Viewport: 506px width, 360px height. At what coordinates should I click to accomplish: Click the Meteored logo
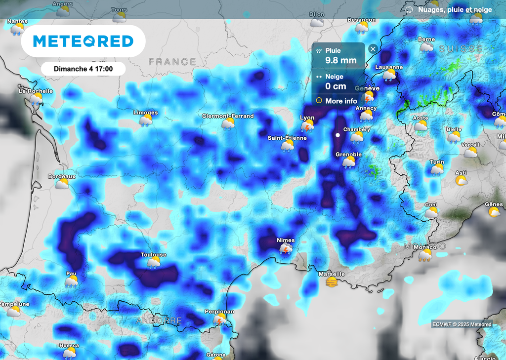click(83, 41)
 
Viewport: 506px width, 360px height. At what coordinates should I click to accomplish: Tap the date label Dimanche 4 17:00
click(83, 69)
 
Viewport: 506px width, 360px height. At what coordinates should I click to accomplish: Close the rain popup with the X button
click(373, 48)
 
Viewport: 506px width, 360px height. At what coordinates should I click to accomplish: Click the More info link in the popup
click(341, 101)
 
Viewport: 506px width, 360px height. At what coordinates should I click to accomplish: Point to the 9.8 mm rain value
click(341, 60)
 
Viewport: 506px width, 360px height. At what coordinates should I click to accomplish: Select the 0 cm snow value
click(336, 86)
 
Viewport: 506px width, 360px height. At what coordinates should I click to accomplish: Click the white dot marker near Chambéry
click(337, 134)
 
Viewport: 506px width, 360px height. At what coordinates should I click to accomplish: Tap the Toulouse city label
click(153, 255)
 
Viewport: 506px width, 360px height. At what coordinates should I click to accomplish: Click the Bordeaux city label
click(62, 176)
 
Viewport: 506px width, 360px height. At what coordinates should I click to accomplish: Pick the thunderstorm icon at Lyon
click(308, 126)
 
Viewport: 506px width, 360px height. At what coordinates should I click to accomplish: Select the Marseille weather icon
click(332, 282)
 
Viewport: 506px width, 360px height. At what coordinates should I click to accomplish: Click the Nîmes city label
click(286, 240)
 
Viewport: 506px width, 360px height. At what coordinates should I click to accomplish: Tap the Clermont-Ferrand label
click(228, 116)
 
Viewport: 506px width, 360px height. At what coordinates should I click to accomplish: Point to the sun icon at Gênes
click(494, 212)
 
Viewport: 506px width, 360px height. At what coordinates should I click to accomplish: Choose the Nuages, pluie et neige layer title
click(455, 10)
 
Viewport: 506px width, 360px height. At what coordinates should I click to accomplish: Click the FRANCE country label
click(172, 62)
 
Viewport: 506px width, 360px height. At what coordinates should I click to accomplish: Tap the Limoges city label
click(146, 113)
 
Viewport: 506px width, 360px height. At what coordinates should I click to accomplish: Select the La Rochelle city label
click(36, 91)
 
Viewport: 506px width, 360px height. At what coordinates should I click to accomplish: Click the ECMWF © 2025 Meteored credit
click(462, 324)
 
